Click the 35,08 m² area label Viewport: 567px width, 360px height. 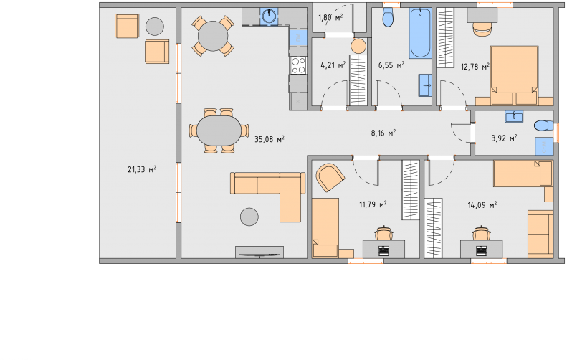tap(270, 139)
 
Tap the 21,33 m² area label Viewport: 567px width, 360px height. tap(142, 169)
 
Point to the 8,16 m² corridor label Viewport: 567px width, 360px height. tap(383, 133)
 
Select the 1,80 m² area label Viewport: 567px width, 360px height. tap(330, 17)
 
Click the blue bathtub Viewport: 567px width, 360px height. tap(420, 33)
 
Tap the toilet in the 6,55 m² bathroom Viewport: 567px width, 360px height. tap(388, 17)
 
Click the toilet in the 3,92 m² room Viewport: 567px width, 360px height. tap(543, 126)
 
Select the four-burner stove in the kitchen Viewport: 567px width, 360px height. tap(298, 65)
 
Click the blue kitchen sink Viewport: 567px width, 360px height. tap(269, 16)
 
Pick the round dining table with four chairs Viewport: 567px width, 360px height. tap(213, 36)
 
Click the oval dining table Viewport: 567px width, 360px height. tap(219, 131)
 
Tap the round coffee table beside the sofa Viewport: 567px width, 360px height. tap(249, 217)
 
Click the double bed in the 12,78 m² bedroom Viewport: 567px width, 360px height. tap(514, 75)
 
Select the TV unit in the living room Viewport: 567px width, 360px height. tap(259, 252)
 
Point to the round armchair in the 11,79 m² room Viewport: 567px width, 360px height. tap(330, 177)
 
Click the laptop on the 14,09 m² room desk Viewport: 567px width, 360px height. tap(481, 250)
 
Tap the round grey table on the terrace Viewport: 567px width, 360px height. tap(155, 27)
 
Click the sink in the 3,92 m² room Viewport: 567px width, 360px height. tap(514, 116)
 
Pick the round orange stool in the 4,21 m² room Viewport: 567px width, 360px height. tap(358, 47)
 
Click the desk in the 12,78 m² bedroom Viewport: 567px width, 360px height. tap(482, 15)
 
